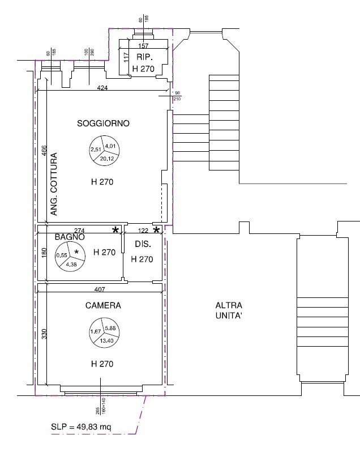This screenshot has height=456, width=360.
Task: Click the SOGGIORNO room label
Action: click(x=104, y=123)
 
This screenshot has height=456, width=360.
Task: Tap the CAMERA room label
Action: click(x=103, y=305)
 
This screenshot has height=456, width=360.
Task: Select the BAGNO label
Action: click(x=70, y=238)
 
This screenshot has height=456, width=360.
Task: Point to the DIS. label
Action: click(x=142, y=244)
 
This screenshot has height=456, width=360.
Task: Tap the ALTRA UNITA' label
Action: click(x=229, y=311)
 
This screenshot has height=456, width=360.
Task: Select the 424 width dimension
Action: click(x=102, y=88)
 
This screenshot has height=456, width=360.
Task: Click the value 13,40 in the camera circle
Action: click(x=106, y=340)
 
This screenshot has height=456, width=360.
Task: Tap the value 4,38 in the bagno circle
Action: click(x=72, y=265)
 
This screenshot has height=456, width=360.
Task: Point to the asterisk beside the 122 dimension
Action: click(x=157, y=231)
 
